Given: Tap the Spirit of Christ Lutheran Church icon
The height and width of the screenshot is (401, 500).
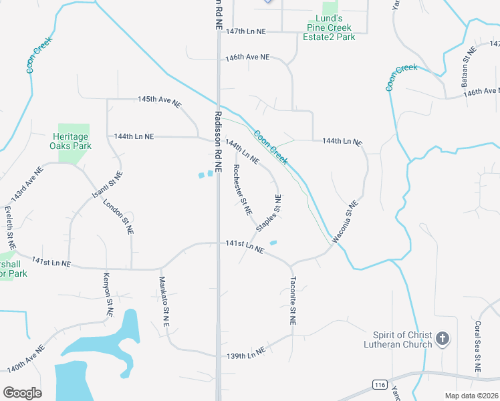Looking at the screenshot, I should (x=443, y=340).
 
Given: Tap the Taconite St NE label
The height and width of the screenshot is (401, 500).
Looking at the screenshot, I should (x=293, y=301).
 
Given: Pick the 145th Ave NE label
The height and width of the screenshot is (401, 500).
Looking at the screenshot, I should (x=159, y=100).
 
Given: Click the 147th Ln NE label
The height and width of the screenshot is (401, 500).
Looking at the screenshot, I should (x=246, y=31).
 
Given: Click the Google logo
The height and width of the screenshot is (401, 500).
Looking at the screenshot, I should (x=22, y=393).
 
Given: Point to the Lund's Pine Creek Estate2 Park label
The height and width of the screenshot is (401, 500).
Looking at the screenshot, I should (x=331, y=28).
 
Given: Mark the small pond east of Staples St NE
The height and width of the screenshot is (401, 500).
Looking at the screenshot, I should (x=273, y=243).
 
